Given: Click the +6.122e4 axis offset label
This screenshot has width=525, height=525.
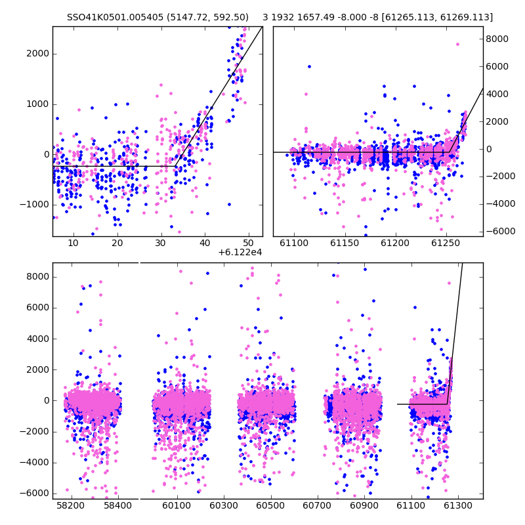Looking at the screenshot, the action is tap(240, 252).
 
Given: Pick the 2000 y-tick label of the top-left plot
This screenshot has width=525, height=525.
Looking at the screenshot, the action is tap(37, 54).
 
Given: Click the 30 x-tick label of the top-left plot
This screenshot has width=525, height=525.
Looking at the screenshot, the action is tap(161, 243).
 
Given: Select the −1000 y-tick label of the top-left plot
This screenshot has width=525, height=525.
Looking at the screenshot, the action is tap(34, 204).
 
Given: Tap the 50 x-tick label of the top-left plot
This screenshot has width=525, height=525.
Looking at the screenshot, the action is tap(249, 243).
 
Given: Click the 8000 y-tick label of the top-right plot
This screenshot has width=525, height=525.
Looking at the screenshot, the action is tap(497, 39).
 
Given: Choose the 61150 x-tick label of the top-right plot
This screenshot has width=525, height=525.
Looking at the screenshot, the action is tap(345, 243).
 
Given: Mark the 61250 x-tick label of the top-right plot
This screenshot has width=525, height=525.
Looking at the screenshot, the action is tap(446, 243).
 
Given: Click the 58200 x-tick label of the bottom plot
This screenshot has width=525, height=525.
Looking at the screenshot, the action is tap(70, 505).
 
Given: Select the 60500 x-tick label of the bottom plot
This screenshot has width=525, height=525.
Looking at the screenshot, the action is tap(270, 505).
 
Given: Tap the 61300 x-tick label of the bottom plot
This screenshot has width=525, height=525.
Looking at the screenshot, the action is tap(457, 505).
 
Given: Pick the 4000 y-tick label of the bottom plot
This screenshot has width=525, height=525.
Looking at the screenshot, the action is tap(37, 339).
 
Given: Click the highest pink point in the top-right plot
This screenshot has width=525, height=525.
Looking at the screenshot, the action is tap(457, 44).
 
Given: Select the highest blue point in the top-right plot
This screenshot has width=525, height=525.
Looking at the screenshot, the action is tap(309, 67).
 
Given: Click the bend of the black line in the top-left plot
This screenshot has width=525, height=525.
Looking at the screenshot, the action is tap(175, 166).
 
